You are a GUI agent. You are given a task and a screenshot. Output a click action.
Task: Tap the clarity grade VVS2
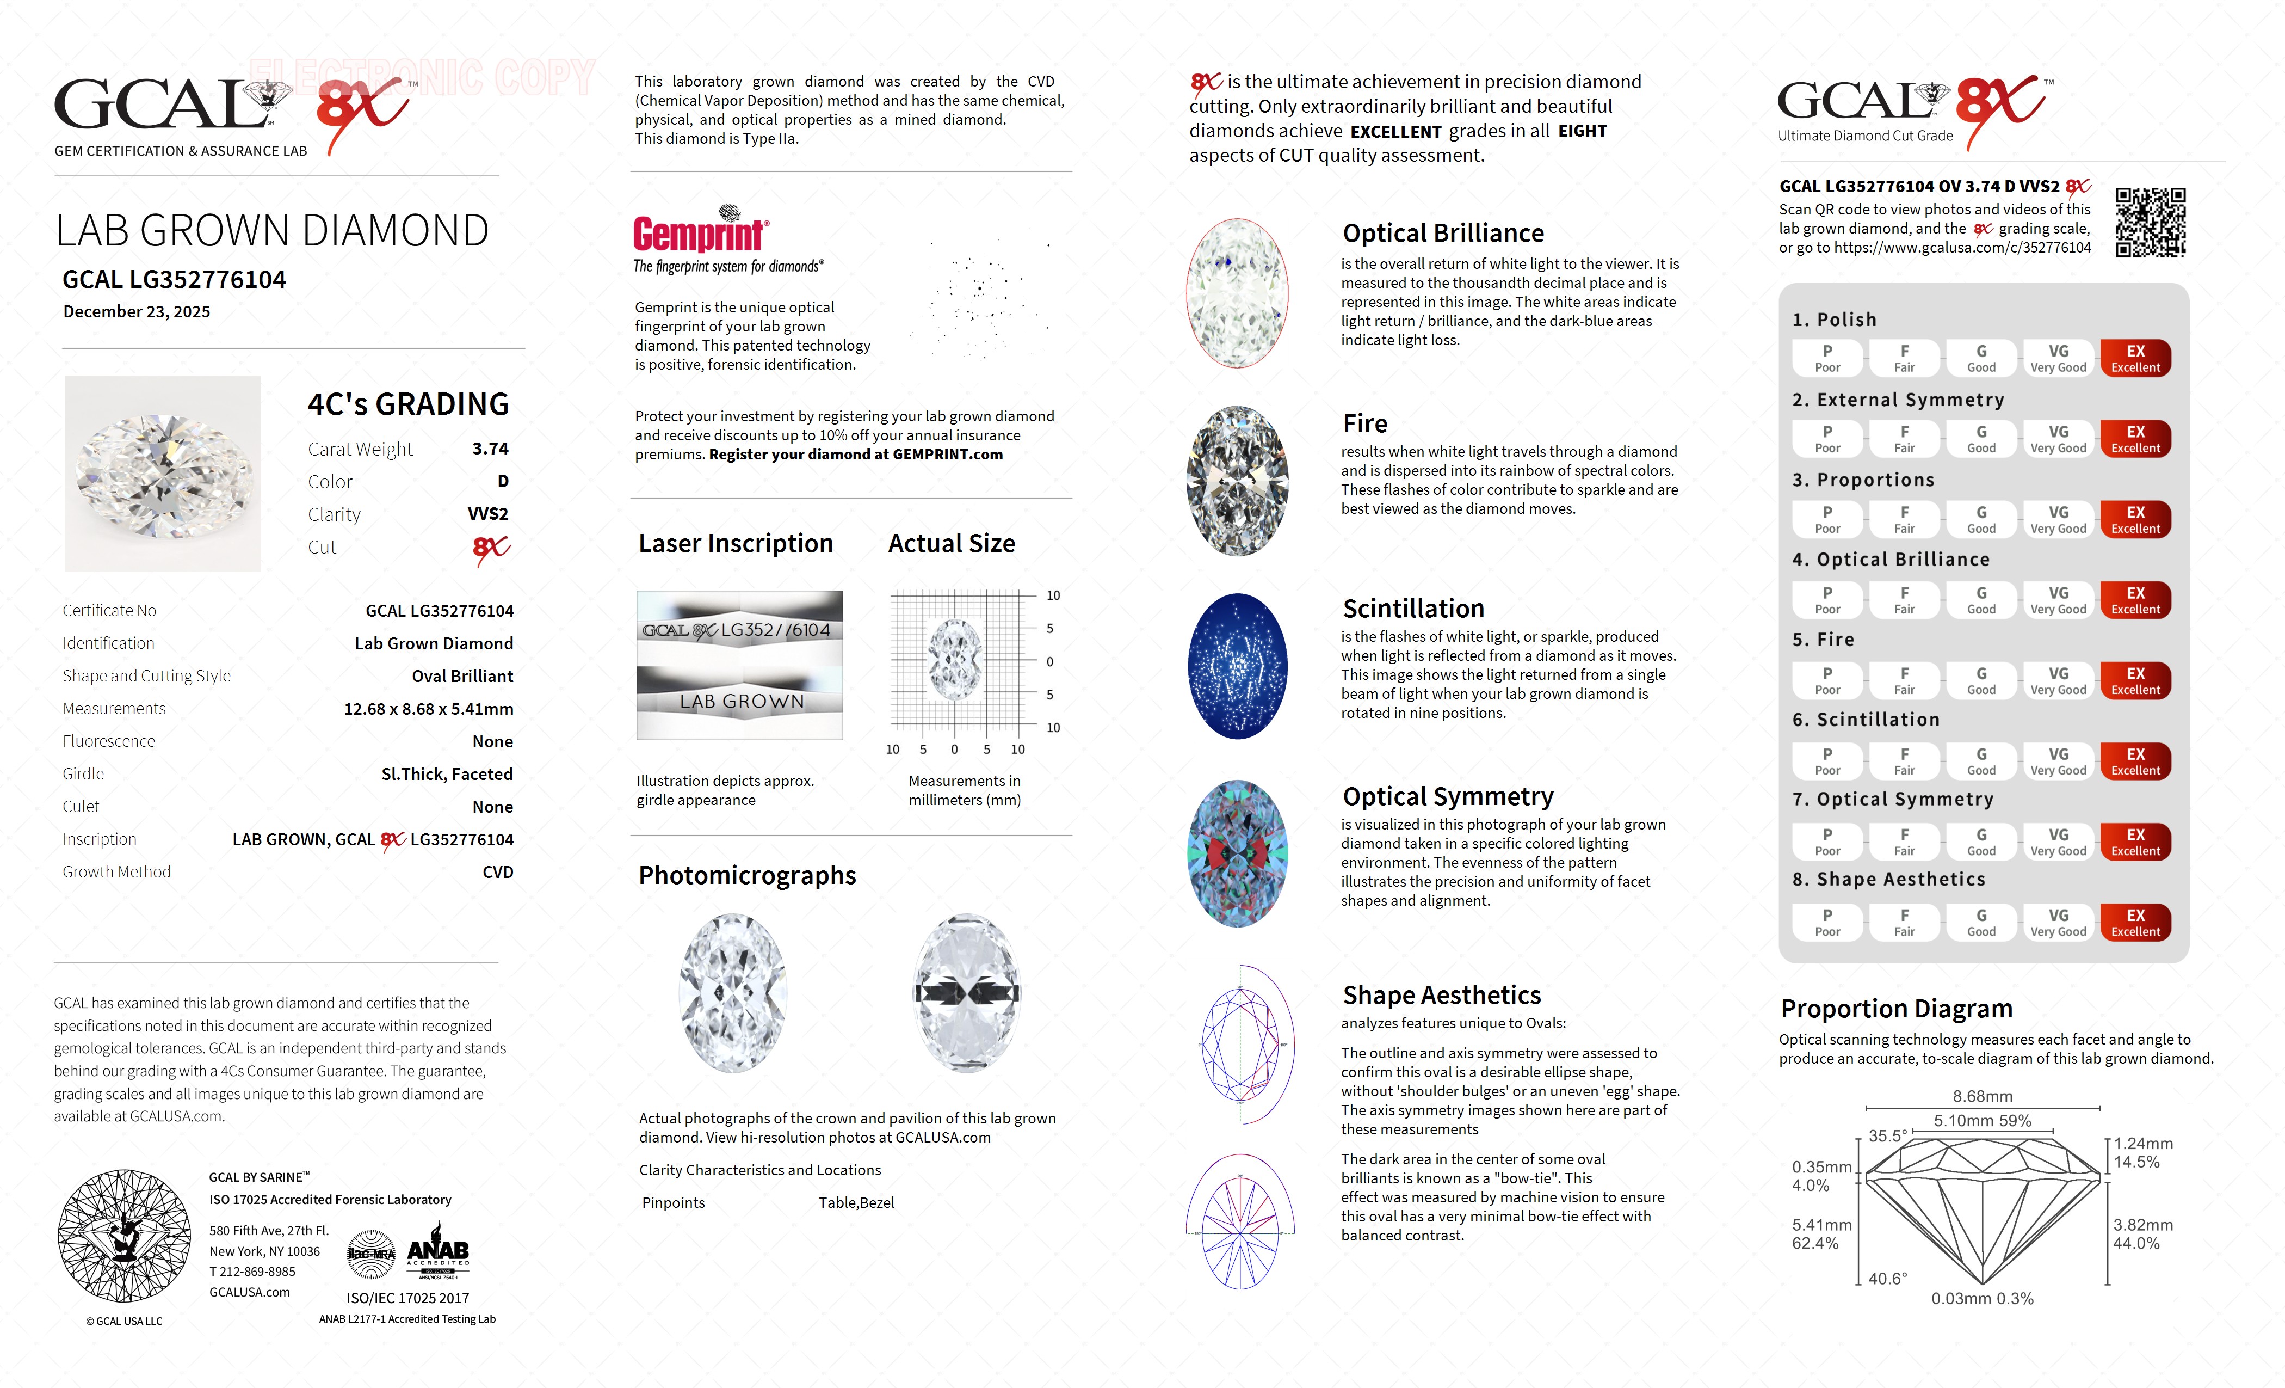coord(488,514)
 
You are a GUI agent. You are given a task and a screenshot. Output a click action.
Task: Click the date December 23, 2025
coord(137,312)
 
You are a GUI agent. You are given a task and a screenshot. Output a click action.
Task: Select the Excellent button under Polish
coord(2135,358)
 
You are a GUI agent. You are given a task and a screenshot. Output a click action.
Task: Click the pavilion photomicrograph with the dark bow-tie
coord(967,993)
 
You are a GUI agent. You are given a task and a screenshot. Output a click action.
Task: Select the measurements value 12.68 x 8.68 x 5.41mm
coord(429,709)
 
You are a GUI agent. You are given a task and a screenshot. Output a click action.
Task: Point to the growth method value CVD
coord(497,872)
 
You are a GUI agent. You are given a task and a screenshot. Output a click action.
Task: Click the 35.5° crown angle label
coord(1887,1135)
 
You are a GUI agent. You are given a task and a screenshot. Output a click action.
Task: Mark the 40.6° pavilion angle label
coord(1887,1279)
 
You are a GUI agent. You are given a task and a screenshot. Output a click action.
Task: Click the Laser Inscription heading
coord(736,544)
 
